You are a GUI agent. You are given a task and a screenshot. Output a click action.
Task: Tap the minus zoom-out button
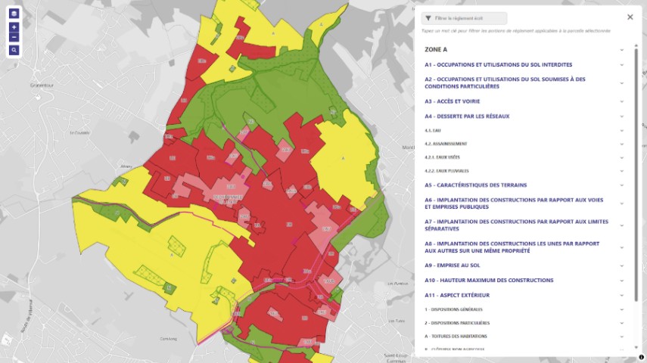[14, 36]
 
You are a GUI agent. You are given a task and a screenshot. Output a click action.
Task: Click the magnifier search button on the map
[14, 50]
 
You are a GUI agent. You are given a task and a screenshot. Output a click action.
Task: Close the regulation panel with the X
[630, 17]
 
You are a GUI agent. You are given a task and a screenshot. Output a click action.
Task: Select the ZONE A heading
[436, 49]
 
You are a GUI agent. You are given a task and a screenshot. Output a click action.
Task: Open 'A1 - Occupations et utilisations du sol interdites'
[498, 65]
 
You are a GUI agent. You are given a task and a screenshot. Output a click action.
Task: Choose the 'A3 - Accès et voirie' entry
[453, 101]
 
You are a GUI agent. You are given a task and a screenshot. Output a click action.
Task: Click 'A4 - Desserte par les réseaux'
[467, 116]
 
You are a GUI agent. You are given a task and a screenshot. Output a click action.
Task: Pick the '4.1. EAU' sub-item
[432, 130]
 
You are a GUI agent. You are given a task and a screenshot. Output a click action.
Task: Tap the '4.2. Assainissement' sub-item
[446, 144]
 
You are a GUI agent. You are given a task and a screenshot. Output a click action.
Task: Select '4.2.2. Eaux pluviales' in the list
[447, 171]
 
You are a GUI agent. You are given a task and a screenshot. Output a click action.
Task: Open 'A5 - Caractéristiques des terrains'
[475, 185]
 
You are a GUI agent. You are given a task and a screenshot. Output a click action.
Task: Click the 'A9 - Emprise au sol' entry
[453, 265]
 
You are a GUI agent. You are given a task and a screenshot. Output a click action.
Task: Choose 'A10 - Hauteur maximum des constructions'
[489, 281]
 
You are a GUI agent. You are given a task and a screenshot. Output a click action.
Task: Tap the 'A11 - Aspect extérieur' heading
[457, 295]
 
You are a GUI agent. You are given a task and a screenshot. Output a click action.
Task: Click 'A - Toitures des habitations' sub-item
[456, 336]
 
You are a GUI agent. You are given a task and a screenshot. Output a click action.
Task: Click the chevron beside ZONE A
[622, 50]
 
